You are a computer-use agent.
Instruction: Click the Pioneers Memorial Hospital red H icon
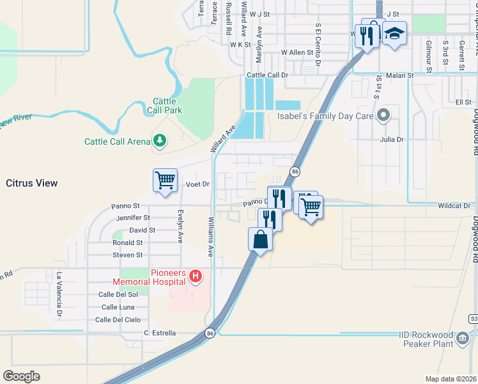196,276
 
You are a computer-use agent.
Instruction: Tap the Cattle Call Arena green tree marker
159,141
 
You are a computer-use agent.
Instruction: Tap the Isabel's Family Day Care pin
383,116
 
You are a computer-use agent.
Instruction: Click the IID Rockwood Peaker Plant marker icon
462,337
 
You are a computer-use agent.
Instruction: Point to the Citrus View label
32,183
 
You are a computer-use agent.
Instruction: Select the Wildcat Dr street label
454,205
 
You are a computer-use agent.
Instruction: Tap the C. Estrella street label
160,333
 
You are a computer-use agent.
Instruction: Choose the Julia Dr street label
392,139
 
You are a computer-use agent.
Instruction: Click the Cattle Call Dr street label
268,75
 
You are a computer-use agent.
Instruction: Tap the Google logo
21,376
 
